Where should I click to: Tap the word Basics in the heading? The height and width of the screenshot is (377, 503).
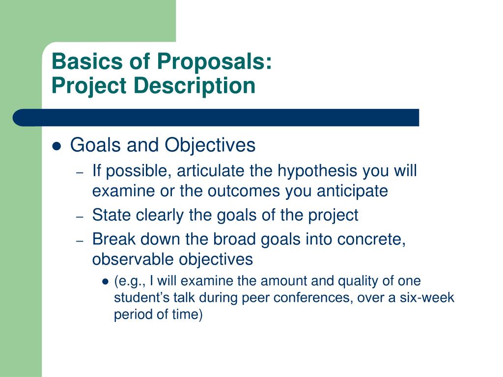click(87, 61)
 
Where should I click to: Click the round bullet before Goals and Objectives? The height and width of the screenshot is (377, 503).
click(56, 146)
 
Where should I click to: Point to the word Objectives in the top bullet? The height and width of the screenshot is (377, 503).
click(210, 145)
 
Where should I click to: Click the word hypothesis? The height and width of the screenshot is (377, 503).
click(317, 171)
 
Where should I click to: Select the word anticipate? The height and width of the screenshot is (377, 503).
click(352, 191)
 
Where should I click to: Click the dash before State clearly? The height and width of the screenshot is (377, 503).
click(80, 216)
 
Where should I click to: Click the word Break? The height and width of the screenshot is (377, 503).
click(113, 239)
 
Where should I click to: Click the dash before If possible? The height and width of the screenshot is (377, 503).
click(80, 172)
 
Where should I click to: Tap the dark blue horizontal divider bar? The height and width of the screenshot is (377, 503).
click(216, 118)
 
